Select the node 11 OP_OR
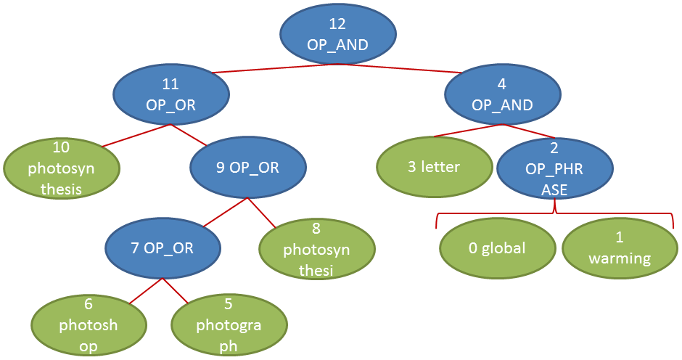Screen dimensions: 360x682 tap(171, 96)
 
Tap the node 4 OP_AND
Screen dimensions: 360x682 tap(502, 96)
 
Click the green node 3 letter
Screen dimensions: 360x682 tap(434, 168)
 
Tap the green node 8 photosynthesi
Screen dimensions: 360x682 tap(316, 250)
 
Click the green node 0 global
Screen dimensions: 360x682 tap(497, 248)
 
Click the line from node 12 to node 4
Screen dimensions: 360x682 tap(406, 68)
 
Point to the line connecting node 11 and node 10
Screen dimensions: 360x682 tap(136, 136)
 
